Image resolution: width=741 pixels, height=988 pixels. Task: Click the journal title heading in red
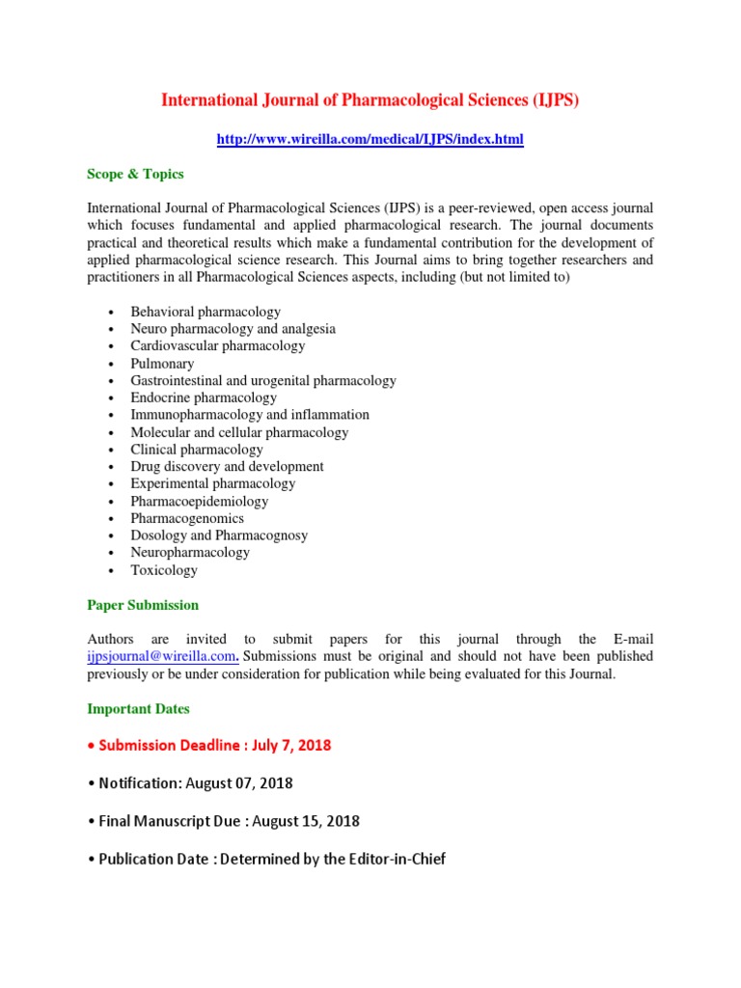tap(370, 100)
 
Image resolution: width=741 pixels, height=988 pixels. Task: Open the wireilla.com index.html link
tap(370, 140)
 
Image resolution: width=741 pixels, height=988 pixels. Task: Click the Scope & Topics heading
tap(135, 175)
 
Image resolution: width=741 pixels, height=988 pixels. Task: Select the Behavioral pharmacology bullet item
tap(206, 312)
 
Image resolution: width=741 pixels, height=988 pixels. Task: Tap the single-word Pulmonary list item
tap(162, 364)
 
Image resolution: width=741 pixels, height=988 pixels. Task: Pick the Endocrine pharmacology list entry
tap(204, 398)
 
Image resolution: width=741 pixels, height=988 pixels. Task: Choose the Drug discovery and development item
tap(227, 466)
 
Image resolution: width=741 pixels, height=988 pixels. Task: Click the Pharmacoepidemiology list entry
tap(200, 502)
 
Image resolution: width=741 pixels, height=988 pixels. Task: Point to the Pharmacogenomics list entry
tap(187, 518)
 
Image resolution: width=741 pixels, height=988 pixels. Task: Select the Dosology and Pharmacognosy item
tap(219, 535)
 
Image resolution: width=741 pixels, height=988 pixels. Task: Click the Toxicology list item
tap(164, 570)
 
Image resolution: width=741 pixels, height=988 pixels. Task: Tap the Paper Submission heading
tap(143, 605)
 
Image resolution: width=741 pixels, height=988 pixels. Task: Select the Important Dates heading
tap(138, 708)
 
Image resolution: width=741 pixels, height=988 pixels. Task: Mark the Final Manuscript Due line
tap(229, 821)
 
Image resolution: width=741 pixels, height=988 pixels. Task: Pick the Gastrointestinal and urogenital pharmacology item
tap(263, 381)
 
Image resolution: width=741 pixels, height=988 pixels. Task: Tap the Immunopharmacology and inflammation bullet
tap(250, 415)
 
